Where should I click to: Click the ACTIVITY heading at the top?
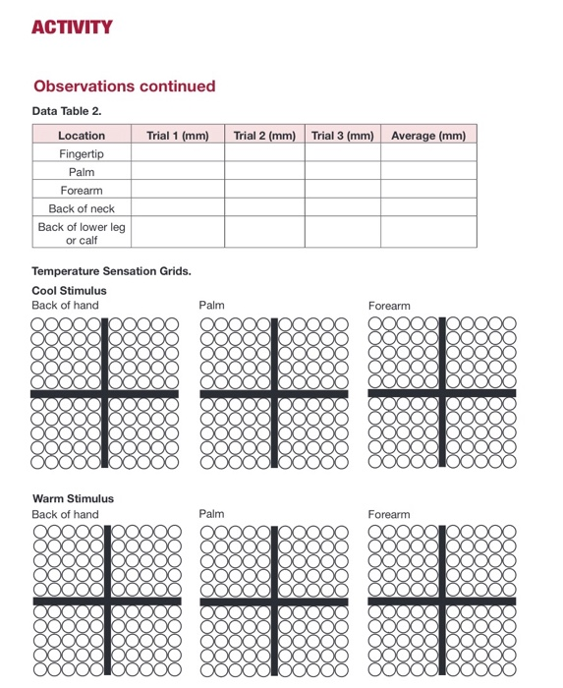(x=72, y=27)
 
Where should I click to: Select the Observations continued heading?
(x=124, y=86)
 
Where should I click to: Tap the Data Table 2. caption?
(x=67, y=111)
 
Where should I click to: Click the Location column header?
(x=82, y=136)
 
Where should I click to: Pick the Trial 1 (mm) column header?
(x=178, y=136)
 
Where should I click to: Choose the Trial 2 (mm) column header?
(x=264, y=136)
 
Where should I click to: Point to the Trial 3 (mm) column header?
(x=343, y=136)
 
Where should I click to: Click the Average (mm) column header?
(x=428, y=136)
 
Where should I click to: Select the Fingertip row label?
(x=82, y=154)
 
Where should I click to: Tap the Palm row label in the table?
(x=82, y=172)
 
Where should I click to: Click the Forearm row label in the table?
(x=82, y=191)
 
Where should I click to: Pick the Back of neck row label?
(x=82, y=208)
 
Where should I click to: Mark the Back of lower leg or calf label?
(x=82, y=233)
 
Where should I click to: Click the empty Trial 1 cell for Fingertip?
(x=178, y=154)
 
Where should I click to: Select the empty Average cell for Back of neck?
(x=428, y=208)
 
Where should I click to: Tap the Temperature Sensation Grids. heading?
(x=111, y=271)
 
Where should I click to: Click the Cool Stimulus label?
(x=69, y=291)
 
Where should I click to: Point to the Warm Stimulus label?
(x=73, y=498)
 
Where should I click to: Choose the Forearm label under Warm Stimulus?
(x=389, y=514)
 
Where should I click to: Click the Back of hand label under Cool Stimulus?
(x=65, y=306)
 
